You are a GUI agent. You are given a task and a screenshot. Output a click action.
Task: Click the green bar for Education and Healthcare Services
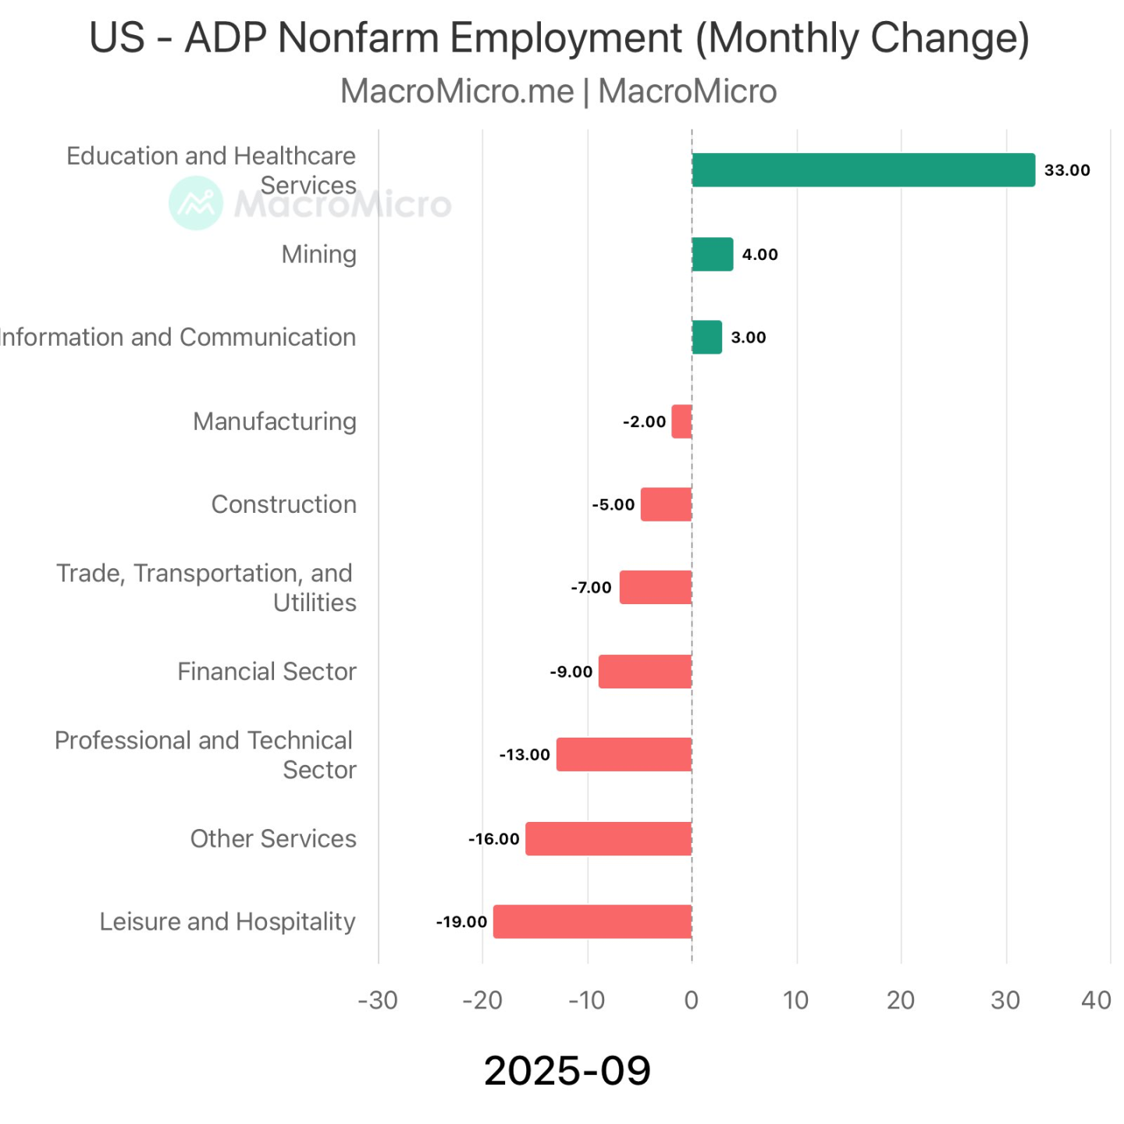863,170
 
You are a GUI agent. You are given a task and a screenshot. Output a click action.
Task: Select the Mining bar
713,254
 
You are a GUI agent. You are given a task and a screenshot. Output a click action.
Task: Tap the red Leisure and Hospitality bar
592,922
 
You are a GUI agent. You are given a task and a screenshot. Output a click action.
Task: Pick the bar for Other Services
609,839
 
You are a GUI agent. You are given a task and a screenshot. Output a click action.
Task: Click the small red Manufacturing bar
681,421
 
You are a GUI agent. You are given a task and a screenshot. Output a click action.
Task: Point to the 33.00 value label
1067,170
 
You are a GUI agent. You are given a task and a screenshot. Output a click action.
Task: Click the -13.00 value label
525,755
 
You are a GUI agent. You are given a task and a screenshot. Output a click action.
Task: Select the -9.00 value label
571,672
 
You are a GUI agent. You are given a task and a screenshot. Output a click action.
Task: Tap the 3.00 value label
748,338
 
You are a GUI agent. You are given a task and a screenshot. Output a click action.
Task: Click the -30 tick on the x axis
378,1000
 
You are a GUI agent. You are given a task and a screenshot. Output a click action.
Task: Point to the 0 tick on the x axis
692,1000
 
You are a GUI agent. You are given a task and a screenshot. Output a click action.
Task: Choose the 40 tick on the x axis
1096,1000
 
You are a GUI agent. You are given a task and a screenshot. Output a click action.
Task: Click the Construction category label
283,504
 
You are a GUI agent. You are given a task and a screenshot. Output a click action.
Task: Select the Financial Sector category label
266,671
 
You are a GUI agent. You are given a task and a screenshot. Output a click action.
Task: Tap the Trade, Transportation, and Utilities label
205,588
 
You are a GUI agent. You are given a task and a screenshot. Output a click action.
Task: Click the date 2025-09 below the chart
567,1070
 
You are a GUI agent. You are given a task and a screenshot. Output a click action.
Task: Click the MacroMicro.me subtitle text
457,91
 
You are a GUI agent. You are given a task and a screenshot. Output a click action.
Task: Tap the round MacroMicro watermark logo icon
196,203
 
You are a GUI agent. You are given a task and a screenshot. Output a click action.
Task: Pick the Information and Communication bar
707,338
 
